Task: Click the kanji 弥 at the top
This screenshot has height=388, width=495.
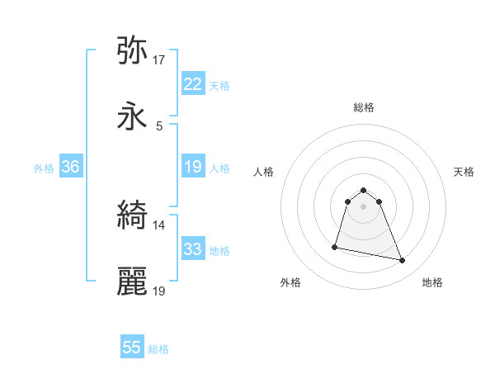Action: [133, 51]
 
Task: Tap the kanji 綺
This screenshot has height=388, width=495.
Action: [133, 216]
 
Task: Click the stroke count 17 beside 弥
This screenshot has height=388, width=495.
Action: [159, 59]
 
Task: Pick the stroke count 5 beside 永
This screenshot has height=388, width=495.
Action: [159, 125]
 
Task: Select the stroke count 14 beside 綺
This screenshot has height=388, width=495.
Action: [159, 225]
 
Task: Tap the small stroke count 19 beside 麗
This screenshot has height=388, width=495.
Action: [159, 291]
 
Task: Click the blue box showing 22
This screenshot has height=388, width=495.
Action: [192, 84]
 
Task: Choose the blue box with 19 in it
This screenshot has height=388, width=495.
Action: [192, 167]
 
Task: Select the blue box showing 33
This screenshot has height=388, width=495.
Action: [192, 249]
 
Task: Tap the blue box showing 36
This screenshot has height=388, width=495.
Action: [70, 167]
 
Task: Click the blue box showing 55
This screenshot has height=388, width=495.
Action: [132, 348]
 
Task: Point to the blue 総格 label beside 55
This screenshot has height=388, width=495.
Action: [158, 349]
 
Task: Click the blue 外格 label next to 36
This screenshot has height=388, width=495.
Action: [44, 168]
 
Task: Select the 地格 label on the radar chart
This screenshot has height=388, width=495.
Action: [432, 282]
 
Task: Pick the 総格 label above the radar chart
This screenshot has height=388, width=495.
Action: [364, 107]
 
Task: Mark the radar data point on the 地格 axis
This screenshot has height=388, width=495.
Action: [403, 261]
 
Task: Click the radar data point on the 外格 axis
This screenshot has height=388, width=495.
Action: [335, 246]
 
